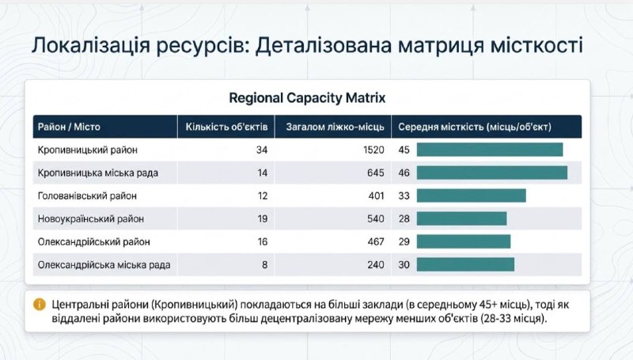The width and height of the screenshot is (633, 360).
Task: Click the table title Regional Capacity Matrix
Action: [x=307, y=98]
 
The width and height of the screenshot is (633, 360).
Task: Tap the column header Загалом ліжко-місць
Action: [x=334, y=127]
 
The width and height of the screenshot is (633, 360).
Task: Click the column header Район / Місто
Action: [x=68, y=127]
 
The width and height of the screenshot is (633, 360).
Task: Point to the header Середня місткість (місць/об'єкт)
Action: [x=475, y=127]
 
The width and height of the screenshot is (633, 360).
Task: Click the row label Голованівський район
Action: [x=87, y=195]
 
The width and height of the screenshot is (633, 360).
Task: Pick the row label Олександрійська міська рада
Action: [x=104, y=264]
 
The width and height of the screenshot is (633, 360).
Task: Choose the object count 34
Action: [x=262, y=150]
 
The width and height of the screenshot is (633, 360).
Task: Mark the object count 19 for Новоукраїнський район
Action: [x=262, y=218]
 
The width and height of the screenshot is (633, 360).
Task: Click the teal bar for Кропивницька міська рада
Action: [x=491, y=172]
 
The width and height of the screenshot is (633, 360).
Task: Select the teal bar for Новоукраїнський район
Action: [x=461, y=218]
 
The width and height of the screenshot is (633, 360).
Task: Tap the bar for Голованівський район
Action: [x=471, y=195]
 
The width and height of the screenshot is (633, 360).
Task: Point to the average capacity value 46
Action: [x=404, y=172]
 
